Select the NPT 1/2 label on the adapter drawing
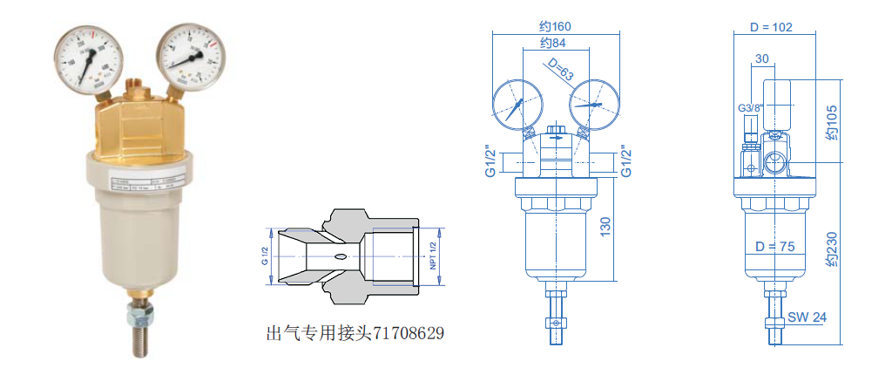click(432, 256)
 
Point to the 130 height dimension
click(607, 228)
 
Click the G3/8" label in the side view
click(750, 109)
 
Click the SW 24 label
click(807, 317)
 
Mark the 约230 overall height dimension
click(833, 253)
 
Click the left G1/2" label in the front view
click(490, 160)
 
